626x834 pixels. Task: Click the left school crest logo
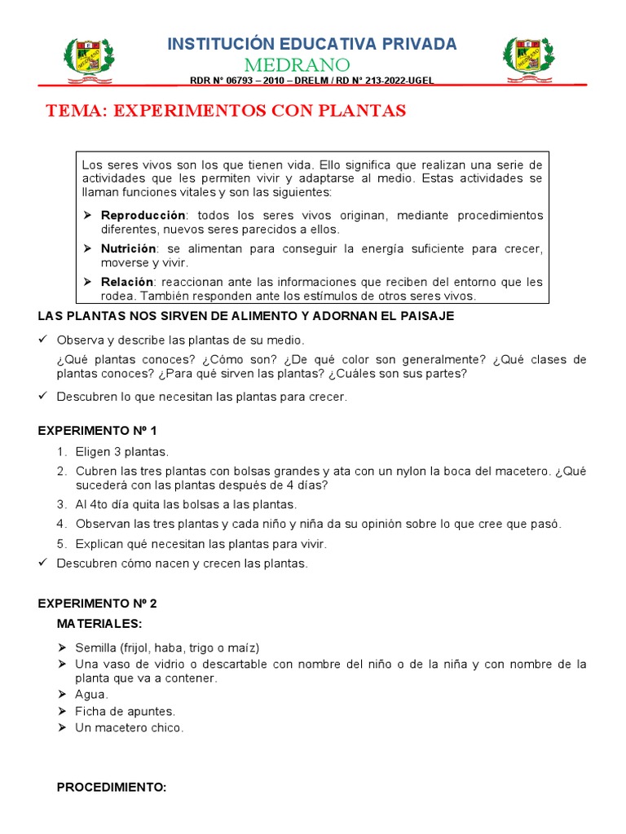pyautogui.click(x=89, y=59)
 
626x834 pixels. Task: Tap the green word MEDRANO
pyautogui.click(x=312, y=64)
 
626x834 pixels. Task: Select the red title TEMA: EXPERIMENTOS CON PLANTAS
pyautogui.click(x=225, y=111)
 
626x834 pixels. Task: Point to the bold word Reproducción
pyautogui.click(x=143, y=215)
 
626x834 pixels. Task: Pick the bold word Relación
pyautogui.click(x=126, y=282)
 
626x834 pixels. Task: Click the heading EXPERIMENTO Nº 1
pyautogui.click(x=97, y=430)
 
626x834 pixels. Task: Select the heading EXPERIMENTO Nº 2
pyautogui.click(x=97, y=604)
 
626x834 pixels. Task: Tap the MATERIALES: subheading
pyautogui.click(x=99, y=624)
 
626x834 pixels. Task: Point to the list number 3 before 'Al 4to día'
pyautogui.click(x=62, y=504)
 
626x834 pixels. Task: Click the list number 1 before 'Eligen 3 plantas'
pyautogui.click(x=62, y=451)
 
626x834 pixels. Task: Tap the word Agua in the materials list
pyautogui.click(x=90, y=695)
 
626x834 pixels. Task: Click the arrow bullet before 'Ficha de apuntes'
pyautogui.click(x=63, y=711)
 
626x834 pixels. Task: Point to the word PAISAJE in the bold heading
pyautogui.click(x=424, y=315)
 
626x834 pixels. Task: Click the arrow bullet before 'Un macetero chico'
pyautogui.click(x=63, y=727)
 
